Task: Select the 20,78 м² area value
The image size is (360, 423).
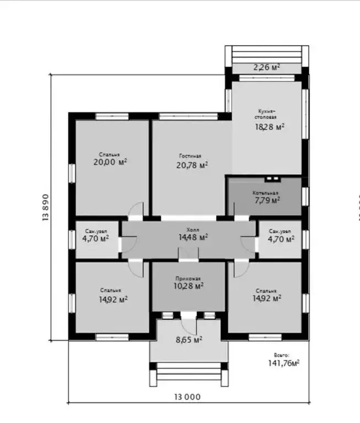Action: pyautogui.click(x=192, y=165)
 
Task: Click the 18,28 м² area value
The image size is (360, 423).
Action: pyautogui.click(x=269, y=126)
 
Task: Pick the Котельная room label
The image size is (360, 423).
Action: pyautogui.click(x=265, y=193)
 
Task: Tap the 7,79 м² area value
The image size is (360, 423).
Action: pyautogui.click(x=267, y=200)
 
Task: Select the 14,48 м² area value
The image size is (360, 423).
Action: pyautogui.click(x=192, y=237)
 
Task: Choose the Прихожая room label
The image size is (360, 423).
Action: pyautogui.click(x=187, y=278)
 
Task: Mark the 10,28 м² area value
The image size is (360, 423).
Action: pyautogui.click(x=188, y=286)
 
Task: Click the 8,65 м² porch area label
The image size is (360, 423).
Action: pyautogui.click(x=189, y=340)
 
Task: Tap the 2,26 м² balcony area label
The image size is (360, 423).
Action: pyautogui.click(x=266, y=67)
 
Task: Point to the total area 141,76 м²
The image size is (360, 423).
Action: pyautogui.click(x=283, y=363)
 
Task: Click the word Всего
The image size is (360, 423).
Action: pyautogui.click(x=281, y=355)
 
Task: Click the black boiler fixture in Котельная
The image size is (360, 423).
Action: pyautogui.click(x=271, y=179)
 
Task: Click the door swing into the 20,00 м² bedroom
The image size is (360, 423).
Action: pyautogui.click(x=136, y=209)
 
